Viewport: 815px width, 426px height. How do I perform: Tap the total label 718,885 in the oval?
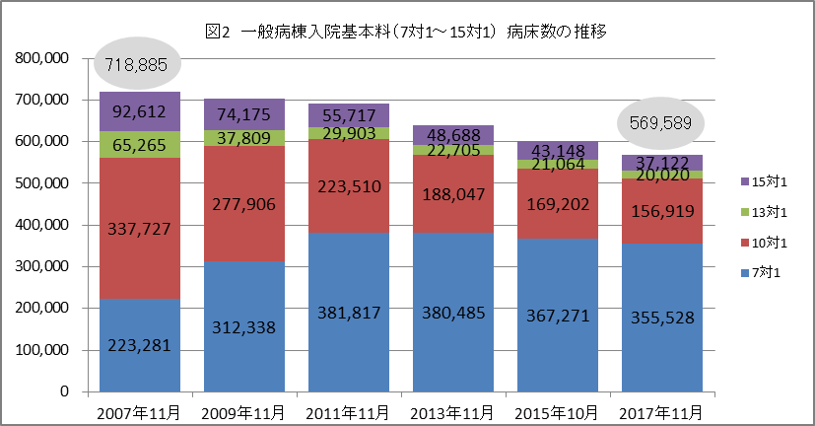pyautogui.click(x=140, y=66)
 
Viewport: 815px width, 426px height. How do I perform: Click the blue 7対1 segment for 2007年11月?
pyautogui.click(x=139, y=344)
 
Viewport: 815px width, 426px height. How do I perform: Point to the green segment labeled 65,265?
pyautogui.click(x=139, y=144)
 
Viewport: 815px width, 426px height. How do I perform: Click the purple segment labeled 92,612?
pyautogui.click(x=139, y=111)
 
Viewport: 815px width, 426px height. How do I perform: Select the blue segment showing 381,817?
pyautogui.click(x=347, y=312)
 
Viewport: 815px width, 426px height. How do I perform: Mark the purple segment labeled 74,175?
pyautogui.click(x=242, y=114)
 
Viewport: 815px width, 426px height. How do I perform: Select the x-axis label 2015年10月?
pyautogui.click(x=555, y=411)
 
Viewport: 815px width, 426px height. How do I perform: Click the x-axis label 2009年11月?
pyautogui.click(x=242, y=411)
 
